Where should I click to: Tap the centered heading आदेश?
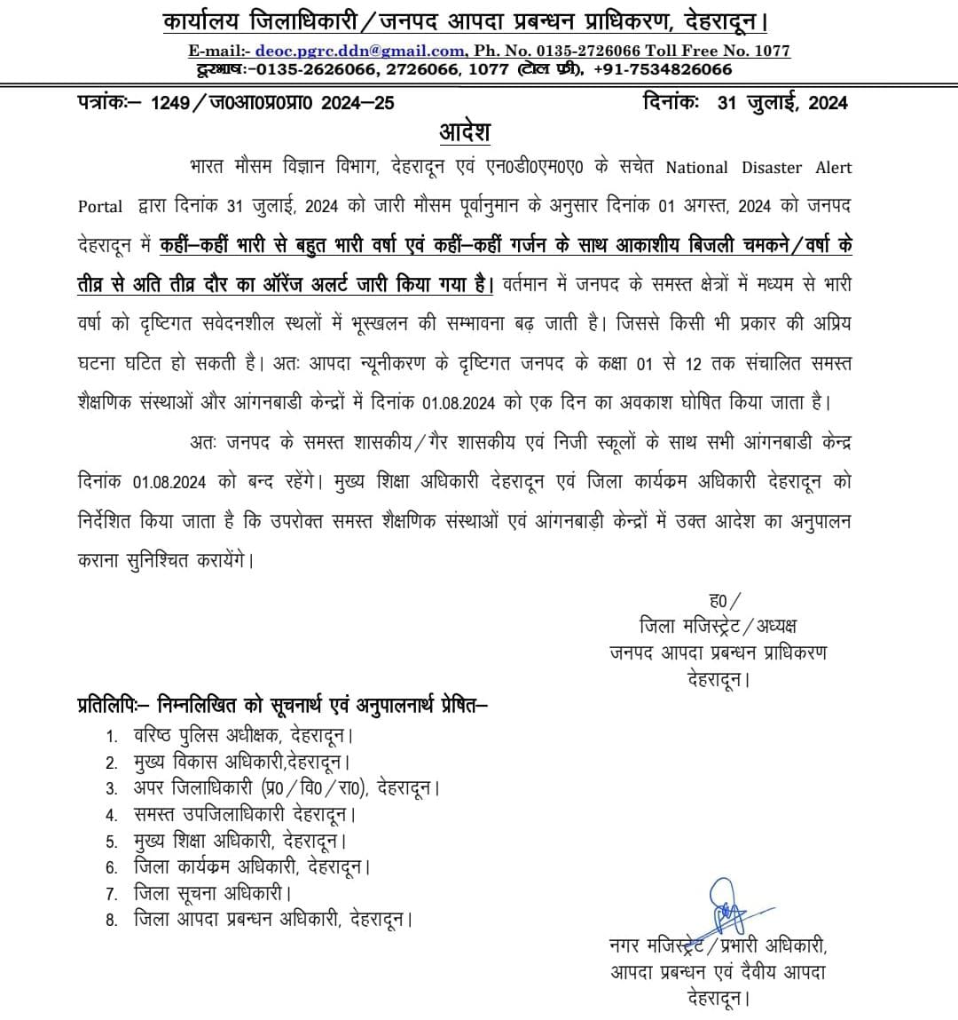tap(465, 132)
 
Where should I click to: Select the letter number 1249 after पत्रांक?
tap(170, 103)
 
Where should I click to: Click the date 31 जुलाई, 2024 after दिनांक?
tap(782, 103)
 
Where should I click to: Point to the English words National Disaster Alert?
tap(758, 168)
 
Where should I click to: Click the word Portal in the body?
tap(100, 206)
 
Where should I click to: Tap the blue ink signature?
tap(726, 905)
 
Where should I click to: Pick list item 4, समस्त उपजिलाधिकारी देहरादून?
tap(243, 814)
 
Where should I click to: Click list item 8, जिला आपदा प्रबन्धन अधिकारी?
tap(271, 919)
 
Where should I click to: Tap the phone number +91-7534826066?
tap(664, 69)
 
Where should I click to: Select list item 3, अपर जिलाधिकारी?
tap(285, 788)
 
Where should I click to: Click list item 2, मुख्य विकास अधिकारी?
tap(240, 762)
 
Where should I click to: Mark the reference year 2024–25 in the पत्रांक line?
tap(358, 103)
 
